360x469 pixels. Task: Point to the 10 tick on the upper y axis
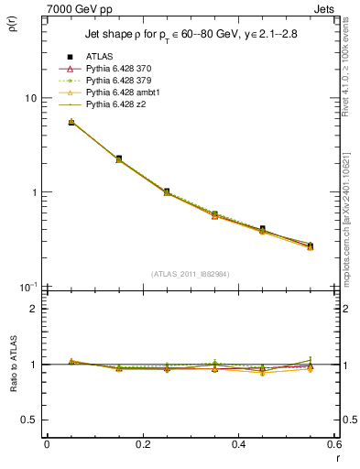(x=30, y=98)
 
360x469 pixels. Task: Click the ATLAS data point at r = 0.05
(x=71, y=122)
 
